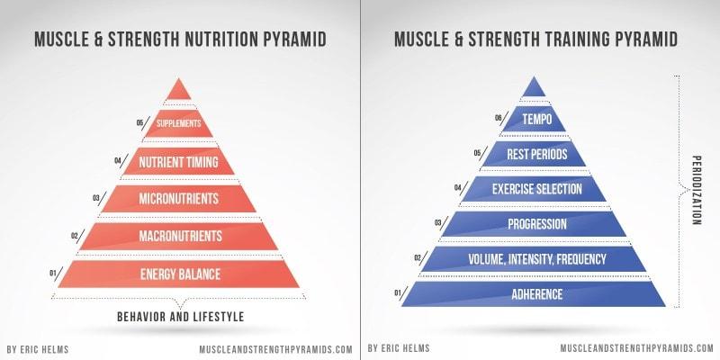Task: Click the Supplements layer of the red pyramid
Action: tap(178, 123)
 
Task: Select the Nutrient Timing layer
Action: tap(178, 162)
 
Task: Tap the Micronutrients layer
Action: tap(178, 199)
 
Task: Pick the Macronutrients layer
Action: tap(179, 236)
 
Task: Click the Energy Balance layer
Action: tap(179, 274)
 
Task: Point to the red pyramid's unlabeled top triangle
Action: tap(178, 92)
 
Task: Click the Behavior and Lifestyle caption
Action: tap(181, 317)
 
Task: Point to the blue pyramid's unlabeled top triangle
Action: tap(534, 88)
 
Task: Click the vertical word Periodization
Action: tap(696, 190)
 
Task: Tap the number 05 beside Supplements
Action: tap(139, 123)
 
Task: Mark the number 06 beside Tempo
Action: tap(499, 118)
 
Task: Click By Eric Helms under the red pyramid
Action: tap(38, 349)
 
